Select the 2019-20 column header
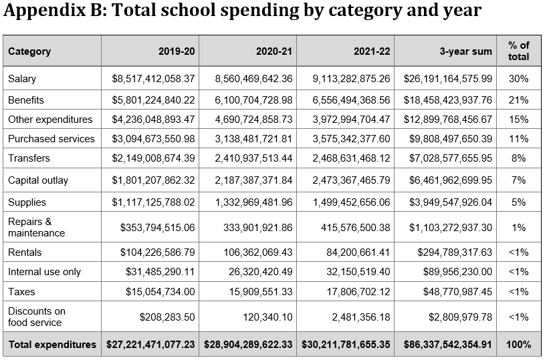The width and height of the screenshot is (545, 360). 177,51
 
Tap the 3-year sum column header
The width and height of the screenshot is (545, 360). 467,51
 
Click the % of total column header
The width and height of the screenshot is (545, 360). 519,51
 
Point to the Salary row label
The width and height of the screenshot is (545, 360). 22,79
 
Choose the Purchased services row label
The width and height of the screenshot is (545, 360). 51,139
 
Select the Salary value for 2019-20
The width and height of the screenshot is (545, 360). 153,79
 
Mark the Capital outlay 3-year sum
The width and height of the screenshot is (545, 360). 447,180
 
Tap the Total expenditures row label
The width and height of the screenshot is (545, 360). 52,345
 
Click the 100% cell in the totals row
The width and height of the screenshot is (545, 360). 519,345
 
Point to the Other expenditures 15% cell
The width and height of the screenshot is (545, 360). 519,120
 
